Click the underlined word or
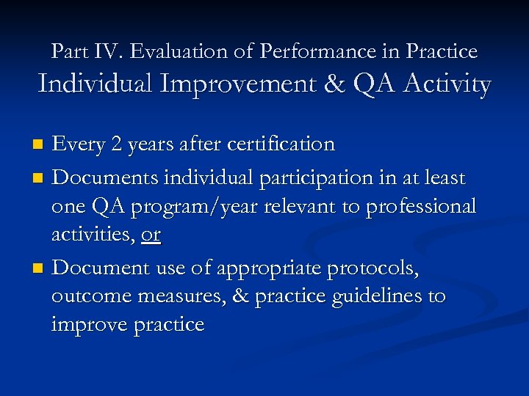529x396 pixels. coord(151,236)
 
